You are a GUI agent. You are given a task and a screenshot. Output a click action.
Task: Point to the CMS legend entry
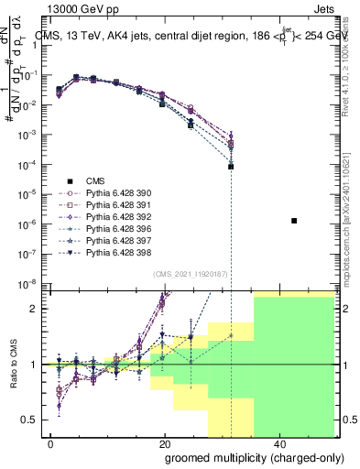click(x=95, y=181)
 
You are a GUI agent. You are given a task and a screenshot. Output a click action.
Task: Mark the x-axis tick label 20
click(x=164, y=443)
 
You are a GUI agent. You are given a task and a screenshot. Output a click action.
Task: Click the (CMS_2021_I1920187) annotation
click(x=191, y=274)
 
